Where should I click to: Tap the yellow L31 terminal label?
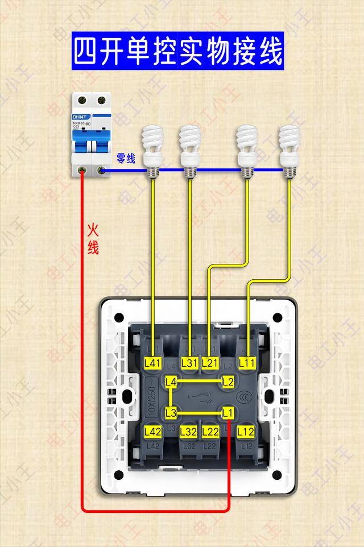pos(189,362)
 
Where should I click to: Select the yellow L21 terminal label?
pos(210,362)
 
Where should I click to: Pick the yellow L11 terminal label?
pos(247,362)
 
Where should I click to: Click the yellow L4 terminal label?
pos(171,383)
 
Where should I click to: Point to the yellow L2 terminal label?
pos(228,382)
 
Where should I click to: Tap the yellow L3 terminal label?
pos(171,412)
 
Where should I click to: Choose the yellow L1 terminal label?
pos(228,412)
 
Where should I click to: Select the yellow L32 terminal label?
pos(189,432)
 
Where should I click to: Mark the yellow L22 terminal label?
pos(210,432)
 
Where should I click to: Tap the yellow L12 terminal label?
pos(246,432)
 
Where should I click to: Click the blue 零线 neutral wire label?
pos(126,158)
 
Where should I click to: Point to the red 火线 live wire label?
pos(93,238)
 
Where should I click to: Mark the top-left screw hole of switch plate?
pos(118,317)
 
